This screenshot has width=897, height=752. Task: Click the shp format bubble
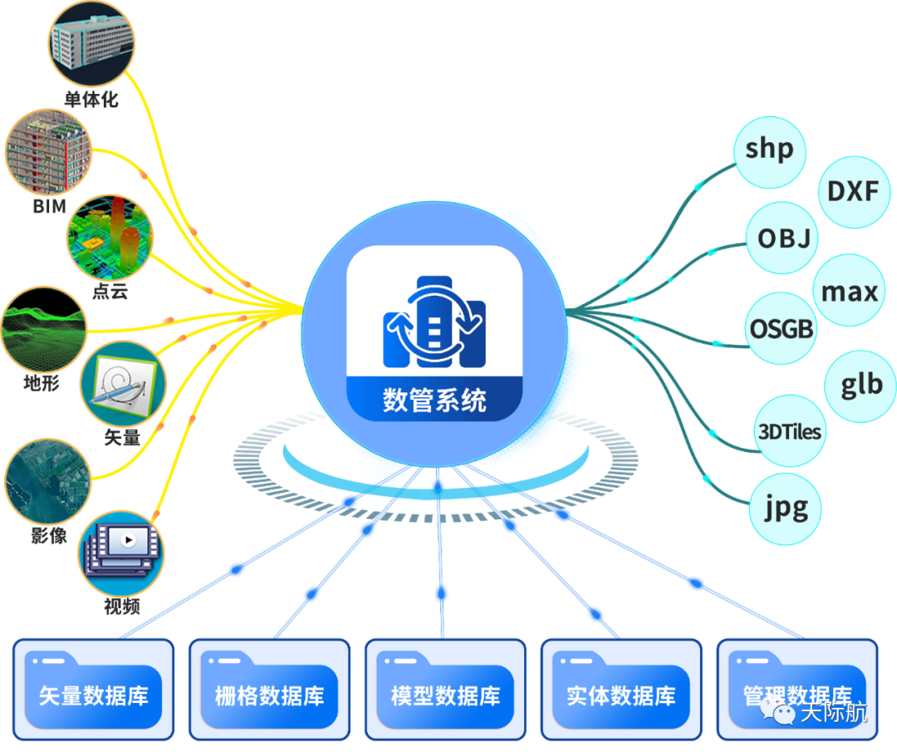point(770,150)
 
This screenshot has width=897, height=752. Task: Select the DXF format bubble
point(853,192)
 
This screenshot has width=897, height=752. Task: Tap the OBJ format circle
point(782,238)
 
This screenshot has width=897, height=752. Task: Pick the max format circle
point(848,291)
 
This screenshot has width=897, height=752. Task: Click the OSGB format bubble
point(781,329)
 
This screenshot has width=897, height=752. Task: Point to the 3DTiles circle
point(789,431)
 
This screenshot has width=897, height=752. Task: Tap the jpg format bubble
point(786,508)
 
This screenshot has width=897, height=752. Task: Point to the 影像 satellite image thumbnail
point(47,481)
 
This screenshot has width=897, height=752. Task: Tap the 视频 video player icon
point(122,550)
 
